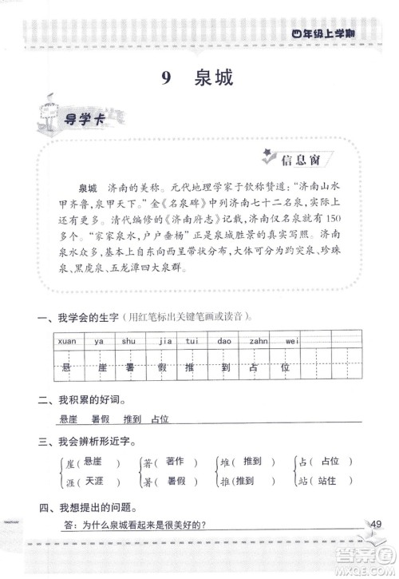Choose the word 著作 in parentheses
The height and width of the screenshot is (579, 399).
[175, 462]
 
